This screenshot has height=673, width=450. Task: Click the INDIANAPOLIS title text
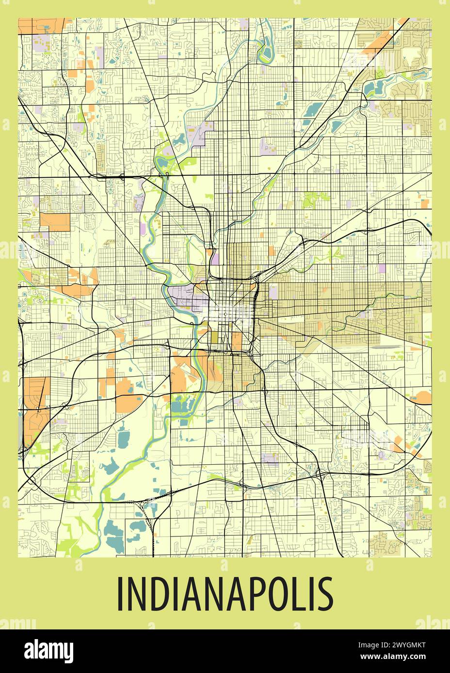(x=225, y=594)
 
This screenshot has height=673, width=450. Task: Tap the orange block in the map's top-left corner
(x=41, y=25)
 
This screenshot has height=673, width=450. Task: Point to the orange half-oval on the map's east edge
(x=423, y=397)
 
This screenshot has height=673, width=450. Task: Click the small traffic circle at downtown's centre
(x=225, y=315)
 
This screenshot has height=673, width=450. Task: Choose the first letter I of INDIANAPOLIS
(x=120, y=594)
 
